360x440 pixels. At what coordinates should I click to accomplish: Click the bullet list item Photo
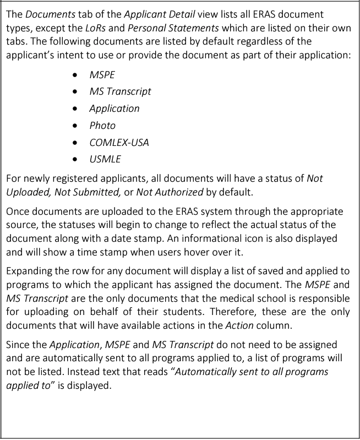(102, 125)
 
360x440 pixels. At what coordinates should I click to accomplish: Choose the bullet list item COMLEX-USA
(119, 142)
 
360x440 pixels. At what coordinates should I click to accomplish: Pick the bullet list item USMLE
(105, 159)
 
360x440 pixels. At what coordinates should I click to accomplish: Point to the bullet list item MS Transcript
(120, 91)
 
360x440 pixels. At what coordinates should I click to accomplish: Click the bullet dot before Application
(75, 108)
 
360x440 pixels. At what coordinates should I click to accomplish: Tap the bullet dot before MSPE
(75, 74)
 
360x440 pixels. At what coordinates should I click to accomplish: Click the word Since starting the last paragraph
(19, 345)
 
